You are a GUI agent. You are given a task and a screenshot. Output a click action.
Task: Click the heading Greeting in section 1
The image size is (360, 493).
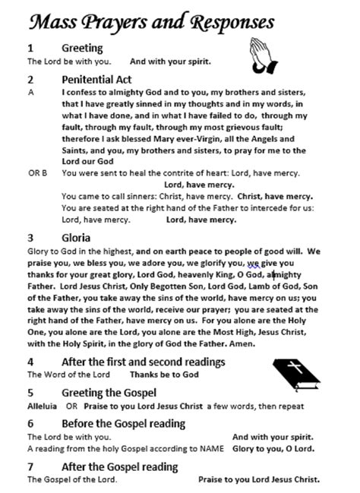[x=82, y=47]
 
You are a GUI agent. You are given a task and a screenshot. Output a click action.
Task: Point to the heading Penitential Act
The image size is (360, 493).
[x=97, y=79]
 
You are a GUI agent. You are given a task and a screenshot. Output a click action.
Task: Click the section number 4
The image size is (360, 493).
[x=30, y=362]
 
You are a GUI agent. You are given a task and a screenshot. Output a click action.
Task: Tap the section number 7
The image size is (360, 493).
[x=30, y=466]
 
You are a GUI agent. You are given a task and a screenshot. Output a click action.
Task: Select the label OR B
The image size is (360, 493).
[x=38, y=173]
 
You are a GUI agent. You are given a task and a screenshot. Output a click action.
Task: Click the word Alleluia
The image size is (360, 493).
[x=42, y=406]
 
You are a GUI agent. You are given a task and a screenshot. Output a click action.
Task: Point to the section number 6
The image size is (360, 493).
[x=30, y=423]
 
